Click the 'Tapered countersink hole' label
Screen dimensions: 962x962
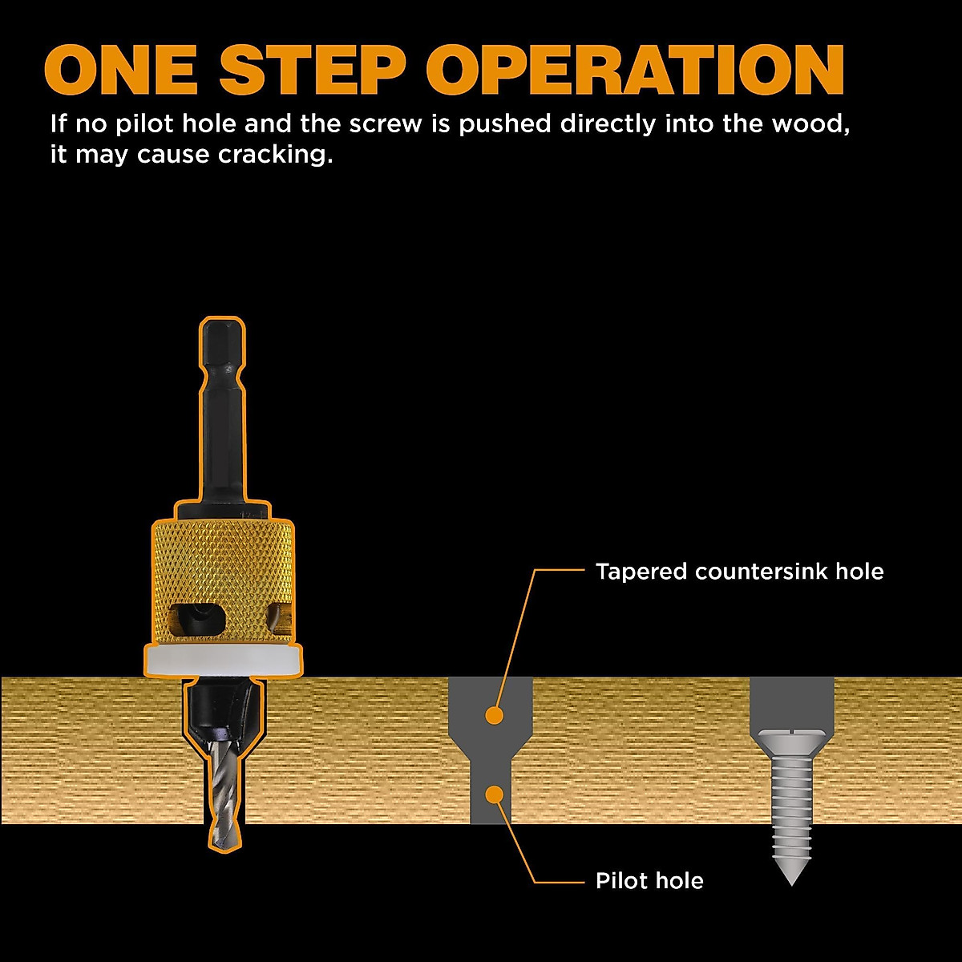739,572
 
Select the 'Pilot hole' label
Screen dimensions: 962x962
649,881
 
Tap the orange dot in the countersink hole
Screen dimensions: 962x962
495,713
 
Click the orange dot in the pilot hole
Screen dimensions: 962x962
495,794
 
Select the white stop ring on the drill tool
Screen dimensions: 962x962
224,660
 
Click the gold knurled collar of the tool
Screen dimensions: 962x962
224,561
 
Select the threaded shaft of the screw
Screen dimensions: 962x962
791,802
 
